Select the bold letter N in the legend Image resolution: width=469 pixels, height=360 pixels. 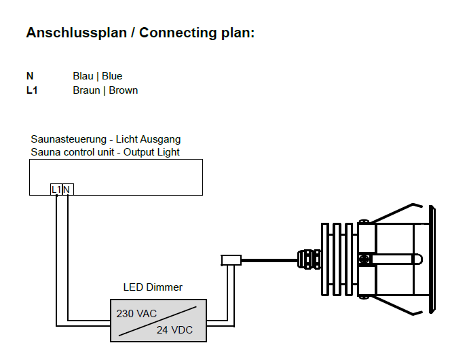pos(30,76)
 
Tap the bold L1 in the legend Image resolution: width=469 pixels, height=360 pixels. pos(32,90)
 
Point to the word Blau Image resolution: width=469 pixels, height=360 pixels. pos(83,76)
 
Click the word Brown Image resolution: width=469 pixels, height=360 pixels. pos(124,90)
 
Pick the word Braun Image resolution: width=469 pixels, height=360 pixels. pos(86,90)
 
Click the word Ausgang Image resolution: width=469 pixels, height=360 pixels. pos(162,139)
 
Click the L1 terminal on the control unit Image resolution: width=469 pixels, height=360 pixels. pos(56,189)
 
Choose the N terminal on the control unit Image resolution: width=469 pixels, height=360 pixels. pos(67,189)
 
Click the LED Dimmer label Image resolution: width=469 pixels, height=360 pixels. pos(153,287)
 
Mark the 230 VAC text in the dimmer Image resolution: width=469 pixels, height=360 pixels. pos(137,314)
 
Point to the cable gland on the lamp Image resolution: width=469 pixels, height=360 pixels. pos(307,259)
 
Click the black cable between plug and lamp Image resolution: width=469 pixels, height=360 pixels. pos(268,259)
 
